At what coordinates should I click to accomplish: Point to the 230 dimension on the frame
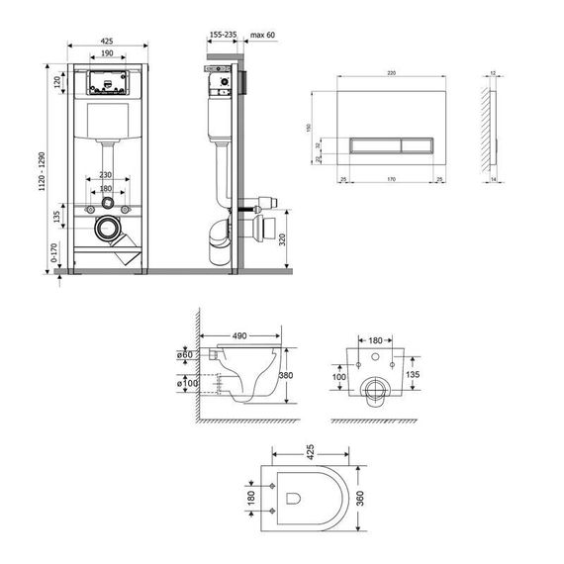[106, 176]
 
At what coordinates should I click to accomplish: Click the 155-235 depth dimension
[224, 35]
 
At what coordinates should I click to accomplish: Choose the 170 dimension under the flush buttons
[391, 179]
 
